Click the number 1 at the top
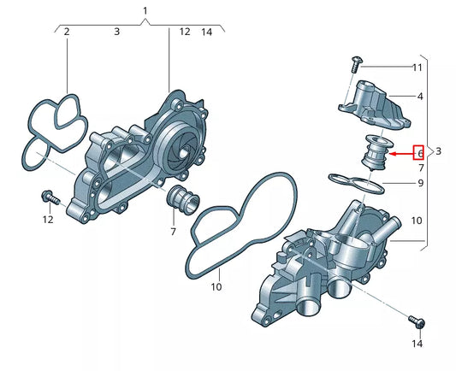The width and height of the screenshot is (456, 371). pyautogui.click(x=145, y=10)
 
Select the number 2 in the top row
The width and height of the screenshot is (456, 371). pyautogui.click(x=67, y=32)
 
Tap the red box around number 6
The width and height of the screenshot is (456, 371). pyautogui.click(x=419, y=153)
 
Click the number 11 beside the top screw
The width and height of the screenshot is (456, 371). pyautogui.click(x=418, y=67)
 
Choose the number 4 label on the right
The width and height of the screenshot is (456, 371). pyautogui.click(x=419, y=97)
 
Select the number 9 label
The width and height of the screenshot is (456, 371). pyautogui.click(x=419, y=183)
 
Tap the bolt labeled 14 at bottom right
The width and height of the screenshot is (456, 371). pyautogui.click(x=418, y=322)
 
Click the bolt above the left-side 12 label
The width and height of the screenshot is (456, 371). pyautogui.click(x=48, y=197)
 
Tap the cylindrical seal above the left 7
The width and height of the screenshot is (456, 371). pyautogui.click(x=180, y=199)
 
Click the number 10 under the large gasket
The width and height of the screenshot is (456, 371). pyautogui.click(x=216, y=287)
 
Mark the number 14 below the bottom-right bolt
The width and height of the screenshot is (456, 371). pyautogui.click(x=418, y=344)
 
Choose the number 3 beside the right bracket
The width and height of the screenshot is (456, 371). pyautogui.click(x=439, y=151)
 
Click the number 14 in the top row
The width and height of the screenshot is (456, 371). pyautogui.click(x=206, y=32)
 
